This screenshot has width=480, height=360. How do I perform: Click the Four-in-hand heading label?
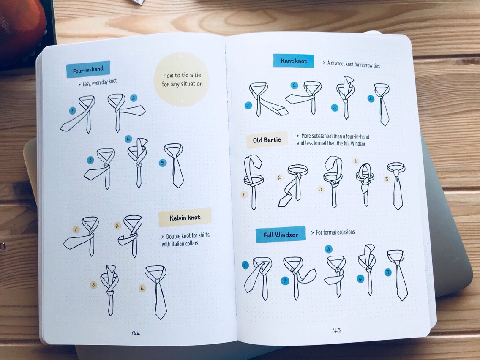pyautogui.click(x=88, y=70)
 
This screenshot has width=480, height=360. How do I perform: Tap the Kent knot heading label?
pyautogui.click(x=294, y=61)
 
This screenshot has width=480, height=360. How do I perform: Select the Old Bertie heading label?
pyautogui.click(x=267, y=140)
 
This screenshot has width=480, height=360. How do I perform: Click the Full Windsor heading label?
pyautogui.click(x=281, y=235)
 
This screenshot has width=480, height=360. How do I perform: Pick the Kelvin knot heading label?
pyautogui.click(x=185, y=218)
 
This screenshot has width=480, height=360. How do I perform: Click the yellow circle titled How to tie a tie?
pyautogui.click(x=182, y=79)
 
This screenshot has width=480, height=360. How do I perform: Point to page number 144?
pyautogui.click(x=136, y=333)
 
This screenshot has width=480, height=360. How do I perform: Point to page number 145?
pyautogui.click(x=336, y=330)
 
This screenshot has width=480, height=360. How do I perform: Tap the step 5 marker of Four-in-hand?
pyautogui.click(x=163, y=163)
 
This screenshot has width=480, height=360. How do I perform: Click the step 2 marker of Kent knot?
pyautogui.click(x=294, y=85)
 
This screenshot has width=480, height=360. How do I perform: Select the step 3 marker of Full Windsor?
pyautogui.click(x=328, y=249)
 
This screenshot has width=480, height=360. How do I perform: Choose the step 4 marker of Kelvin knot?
pyautogui.click(x=142, y=288)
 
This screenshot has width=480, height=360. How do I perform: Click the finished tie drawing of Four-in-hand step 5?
pyautogui.click(x=175, y=165)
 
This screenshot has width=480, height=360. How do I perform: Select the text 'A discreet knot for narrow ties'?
pyautogui.click(x=352, y=64)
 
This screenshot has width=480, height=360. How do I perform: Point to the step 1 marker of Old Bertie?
pyautogui.click(x=244, y=194)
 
